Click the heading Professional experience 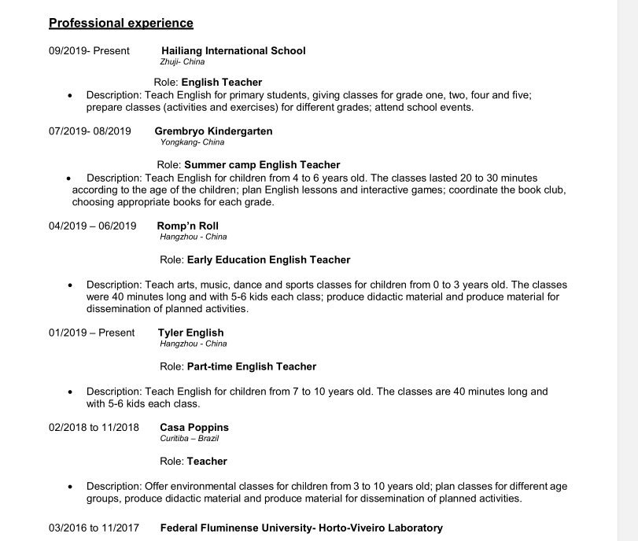[121, 23]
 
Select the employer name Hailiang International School [233, 51]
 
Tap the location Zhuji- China [182, 62]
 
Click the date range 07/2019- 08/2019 [90, 131]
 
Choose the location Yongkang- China [192, 142]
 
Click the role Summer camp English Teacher [262, 165]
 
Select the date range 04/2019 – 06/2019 [92, 226]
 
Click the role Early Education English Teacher [268, 259]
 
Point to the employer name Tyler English [190, 333]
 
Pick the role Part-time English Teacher [252, 366]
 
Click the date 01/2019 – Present [91, 333]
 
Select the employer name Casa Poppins [194, 428]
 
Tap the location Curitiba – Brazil [189, 439]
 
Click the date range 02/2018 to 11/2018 [94, 428]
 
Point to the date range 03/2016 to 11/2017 [94, 528]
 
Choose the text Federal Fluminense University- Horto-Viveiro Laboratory [301, 528]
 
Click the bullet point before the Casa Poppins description [70, 487]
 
